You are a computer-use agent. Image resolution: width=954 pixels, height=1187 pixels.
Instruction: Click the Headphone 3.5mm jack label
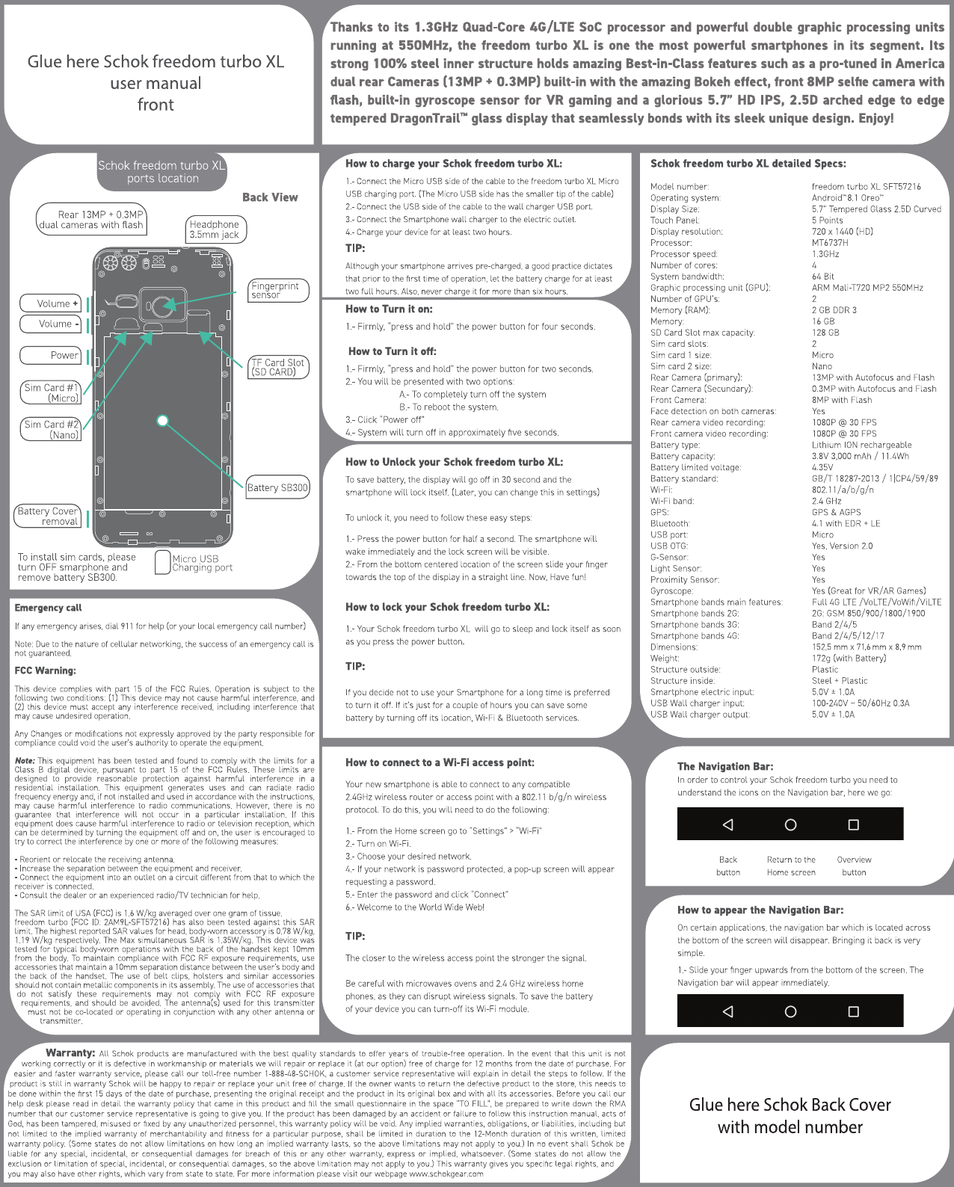(x=215, y=229)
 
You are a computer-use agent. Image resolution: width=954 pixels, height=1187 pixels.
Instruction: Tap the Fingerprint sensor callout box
(x=278, y=291)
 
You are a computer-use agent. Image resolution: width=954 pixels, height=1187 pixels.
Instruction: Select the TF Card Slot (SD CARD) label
(x=277, y=367)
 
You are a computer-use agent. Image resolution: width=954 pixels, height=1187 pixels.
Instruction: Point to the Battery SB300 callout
(x=277, y=487)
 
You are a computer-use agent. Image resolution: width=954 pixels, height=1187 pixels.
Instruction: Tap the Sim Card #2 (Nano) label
(x=52, y=429)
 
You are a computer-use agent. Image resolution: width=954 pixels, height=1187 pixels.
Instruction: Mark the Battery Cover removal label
(x=49, y=516)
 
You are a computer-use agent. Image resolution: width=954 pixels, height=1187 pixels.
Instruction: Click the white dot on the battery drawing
(x=163, y=420)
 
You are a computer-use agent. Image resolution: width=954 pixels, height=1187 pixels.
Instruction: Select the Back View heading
(x=270, y=197)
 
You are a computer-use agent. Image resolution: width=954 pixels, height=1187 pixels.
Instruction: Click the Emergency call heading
(x=49, y=608)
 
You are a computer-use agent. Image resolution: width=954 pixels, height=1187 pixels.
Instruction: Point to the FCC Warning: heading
(x=46, y=670)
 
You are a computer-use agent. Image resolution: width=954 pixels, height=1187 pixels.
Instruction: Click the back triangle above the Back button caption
(x=727, y=824)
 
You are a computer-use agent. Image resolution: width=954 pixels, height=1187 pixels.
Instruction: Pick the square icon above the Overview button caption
(x=853, y=824)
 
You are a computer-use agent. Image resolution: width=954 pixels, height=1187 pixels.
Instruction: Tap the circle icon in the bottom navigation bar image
(x=790, y=1011)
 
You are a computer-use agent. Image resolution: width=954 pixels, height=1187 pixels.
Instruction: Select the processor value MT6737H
(x=830, y=243)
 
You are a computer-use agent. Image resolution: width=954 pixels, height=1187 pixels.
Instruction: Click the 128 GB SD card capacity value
(x=825, y=333)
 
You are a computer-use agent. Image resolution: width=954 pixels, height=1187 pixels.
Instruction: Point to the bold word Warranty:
(x=70, y=1052)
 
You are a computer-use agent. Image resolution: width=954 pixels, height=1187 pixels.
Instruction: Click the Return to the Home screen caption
(x=791, y=866)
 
